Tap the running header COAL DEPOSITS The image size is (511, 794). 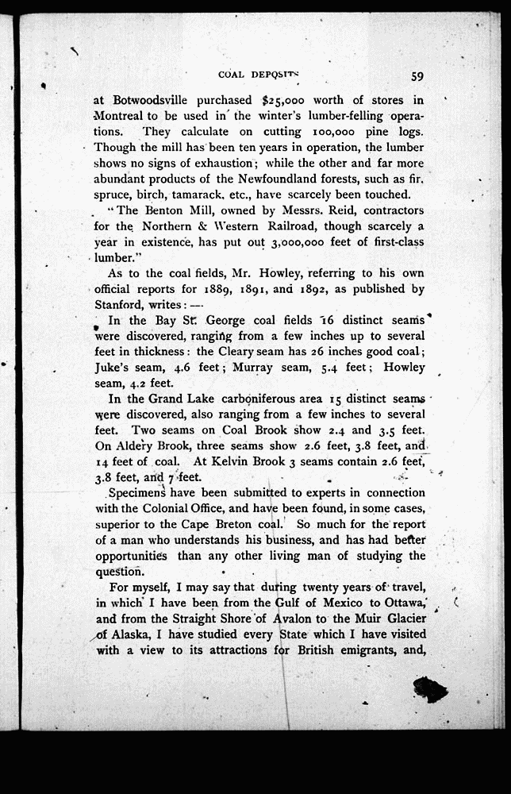point(260,75)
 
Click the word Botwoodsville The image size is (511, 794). point(150,100)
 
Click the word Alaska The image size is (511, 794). point(135,634)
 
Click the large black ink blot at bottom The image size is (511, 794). point(429,688)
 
